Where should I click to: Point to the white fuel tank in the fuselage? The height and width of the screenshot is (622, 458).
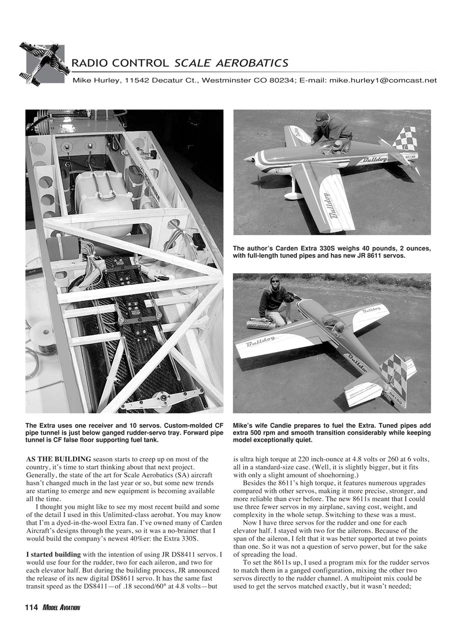(x=103, y=194)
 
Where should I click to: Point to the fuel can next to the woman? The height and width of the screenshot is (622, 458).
(x=261, y=325)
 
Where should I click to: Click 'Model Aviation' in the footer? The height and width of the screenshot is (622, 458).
(x=61, y=608)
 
